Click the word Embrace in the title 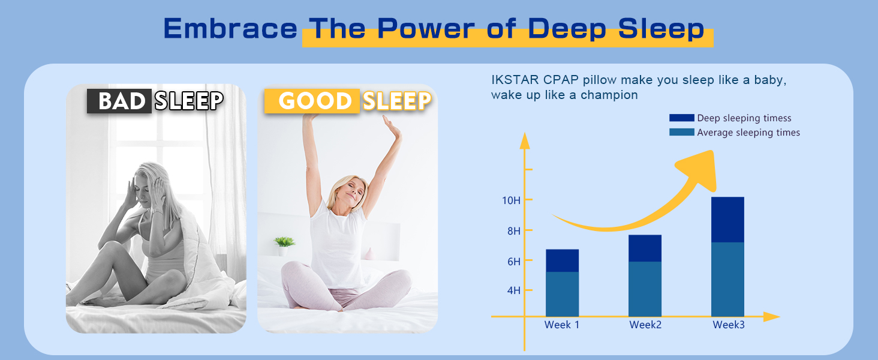[230, 28]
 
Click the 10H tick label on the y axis [511, 200]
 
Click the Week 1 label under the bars [562, 325]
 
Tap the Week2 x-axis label [645, 325]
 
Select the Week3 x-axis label [728, 325]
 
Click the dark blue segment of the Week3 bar [727, 220]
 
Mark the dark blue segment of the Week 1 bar [562, 260]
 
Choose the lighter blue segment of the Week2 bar [645, 289]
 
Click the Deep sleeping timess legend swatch [681, 118]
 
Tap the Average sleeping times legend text [748, 133]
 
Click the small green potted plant [284, 243]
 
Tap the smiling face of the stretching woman [352, 192]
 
